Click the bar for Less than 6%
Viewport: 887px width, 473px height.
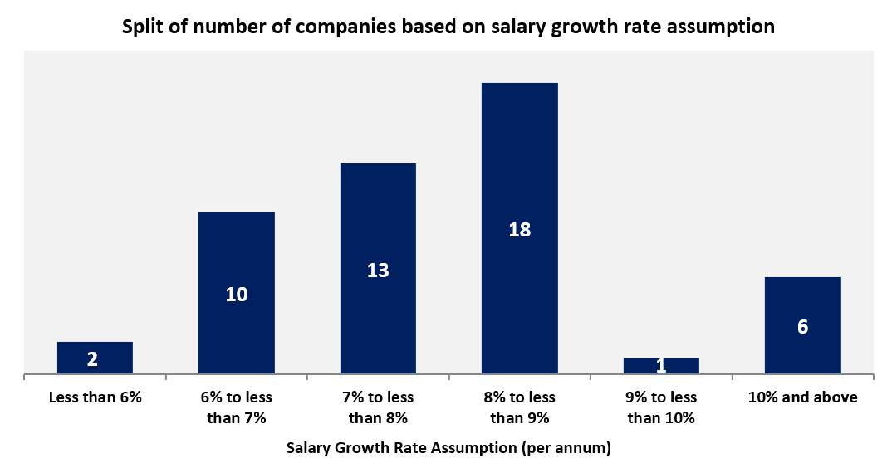point(95,358)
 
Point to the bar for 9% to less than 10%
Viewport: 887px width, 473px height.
point(661,366)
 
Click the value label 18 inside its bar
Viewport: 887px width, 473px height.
point(519,230)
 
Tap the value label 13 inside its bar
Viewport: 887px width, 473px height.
point(378,271)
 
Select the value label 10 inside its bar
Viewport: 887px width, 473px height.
point(236,295)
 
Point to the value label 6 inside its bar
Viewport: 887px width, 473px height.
point(802,327)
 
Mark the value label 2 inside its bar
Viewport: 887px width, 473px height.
point(92,359)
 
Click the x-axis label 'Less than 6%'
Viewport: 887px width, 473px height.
point(95,397)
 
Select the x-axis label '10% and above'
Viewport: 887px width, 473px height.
point(802,397)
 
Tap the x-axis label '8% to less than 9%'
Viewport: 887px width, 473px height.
point(519,407)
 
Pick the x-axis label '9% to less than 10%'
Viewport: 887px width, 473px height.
point(661,407)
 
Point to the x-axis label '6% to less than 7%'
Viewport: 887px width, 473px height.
point(236,407)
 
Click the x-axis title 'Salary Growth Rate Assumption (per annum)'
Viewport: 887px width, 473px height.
point(448,448)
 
